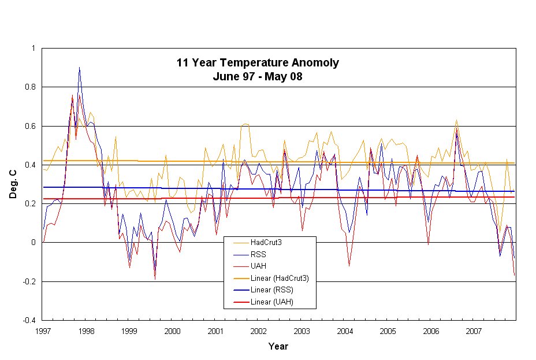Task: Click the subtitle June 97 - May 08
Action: tap(258, 76)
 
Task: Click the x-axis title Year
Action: tap(278, 347)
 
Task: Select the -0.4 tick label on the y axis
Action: tap(28, 321)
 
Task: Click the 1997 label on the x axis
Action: tap(43, 331)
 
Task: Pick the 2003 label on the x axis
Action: tap(301, 331)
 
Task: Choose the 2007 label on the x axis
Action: tap(474, 331)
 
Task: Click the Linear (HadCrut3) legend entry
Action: tap(280, 279)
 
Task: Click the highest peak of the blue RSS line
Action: tap(79, 68)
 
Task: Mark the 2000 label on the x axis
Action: tap(172, 331)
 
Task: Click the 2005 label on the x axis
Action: tap(388, 331)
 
